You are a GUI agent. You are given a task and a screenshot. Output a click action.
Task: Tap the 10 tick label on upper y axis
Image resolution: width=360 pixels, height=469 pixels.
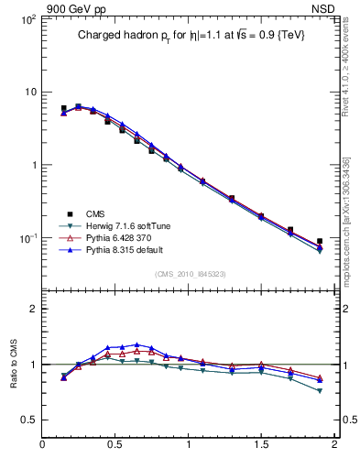click(x=29, y=92)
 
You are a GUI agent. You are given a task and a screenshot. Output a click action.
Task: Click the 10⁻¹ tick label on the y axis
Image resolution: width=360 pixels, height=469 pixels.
click(x=27, y=238)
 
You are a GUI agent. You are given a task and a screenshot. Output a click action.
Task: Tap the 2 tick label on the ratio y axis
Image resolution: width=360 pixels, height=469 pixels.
click(x=33, y=309)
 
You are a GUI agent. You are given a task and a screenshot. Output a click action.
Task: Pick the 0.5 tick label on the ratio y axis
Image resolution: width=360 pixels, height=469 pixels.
click(x=29, y=420)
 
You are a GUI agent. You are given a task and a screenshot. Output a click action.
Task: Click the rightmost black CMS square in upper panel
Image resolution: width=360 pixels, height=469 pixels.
click(x=320, y=242)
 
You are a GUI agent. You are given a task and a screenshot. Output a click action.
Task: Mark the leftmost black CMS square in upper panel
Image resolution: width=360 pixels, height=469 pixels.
click(x=63, y=108)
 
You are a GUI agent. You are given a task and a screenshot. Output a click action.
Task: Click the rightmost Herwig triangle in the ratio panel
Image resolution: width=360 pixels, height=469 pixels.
click(x=320, y=391)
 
